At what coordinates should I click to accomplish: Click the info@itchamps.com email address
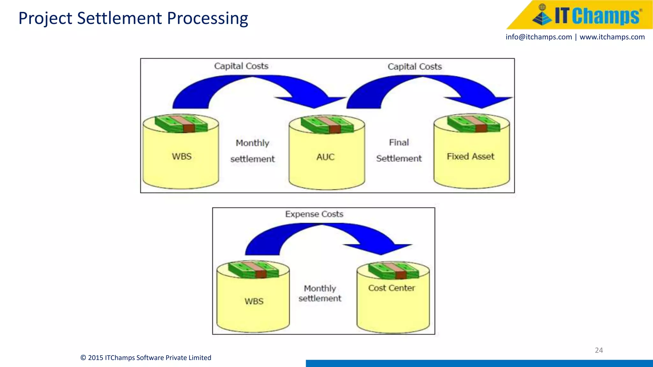point(539,37)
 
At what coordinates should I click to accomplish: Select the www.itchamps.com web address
point(612,37)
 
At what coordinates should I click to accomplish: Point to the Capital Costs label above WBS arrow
point(241,66)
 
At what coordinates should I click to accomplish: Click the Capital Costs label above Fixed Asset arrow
point(415,67)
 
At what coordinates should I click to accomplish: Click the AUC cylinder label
point(325,157)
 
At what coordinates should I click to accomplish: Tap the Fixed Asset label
point(470,156)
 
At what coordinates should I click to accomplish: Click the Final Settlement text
point(399,150)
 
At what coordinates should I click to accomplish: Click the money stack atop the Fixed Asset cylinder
point(473,124)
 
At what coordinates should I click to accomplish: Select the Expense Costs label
point(314,214)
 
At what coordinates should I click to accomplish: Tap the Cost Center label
point(392,288)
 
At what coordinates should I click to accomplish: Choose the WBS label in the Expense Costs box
point(254,301)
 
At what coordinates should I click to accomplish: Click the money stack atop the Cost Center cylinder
point(393,271)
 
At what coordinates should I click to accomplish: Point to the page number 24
point(599,350)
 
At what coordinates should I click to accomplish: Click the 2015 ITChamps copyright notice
point(146,358)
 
